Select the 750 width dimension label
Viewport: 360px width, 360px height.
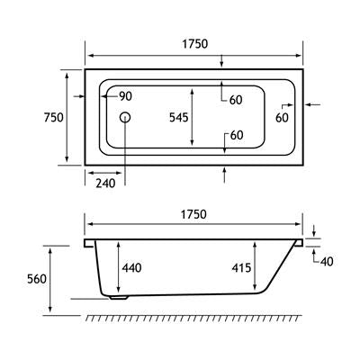click(x=53, y=118)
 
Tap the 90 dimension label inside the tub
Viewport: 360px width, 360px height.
click(x=124, y=96)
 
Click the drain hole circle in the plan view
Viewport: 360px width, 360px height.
click(x=126, y=118)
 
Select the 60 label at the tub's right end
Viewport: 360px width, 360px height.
click(x=282, y=117)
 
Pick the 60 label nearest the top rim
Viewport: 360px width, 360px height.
click(x=237, y=99)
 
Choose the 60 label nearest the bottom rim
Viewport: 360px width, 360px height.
click(x=237, y=136)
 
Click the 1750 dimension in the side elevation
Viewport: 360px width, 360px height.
click(x=194, y=215)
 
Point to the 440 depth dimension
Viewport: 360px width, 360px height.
click(x=132, y=267)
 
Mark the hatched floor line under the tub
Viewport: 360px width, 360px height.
click(x=194, y=319)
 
